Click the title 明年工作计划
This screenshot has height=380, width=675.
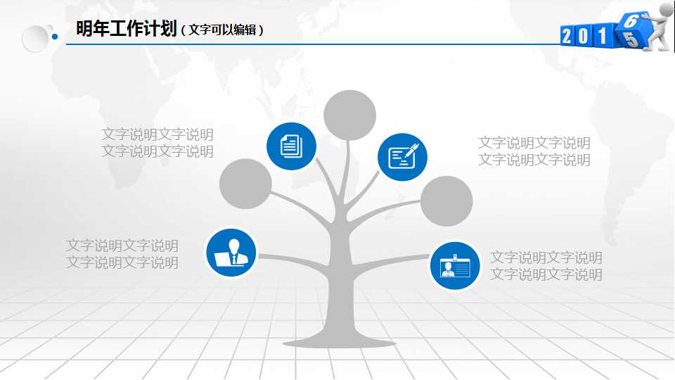pos(125,29)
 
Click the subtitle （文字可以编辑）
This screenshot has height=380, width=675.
pos(222,30)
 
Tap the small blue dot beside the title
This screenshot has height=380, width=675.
pos(55,37)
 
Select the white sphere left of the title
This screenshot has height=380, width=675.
pos(35,38)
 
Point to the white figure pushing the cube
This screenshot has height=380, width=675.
pos(657,27)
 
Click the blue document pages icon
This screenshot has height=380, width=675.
pos(291,146)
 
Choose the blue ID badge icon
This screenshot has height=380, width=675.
pos(454,265)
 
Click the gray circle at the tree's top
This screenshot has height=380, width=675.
pos(349,115)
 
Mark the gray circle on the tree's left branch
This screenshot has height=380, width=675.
pos(245,184)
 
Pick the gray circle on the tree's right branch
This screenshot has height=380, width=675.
pos(446,201)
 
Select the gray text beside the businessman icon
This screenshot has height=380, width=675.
pos(122,254)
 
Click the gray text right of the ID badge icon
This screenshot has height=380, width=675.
pos(546,266)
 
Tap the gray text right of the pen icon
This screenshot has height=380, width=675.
pos(534,151)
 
